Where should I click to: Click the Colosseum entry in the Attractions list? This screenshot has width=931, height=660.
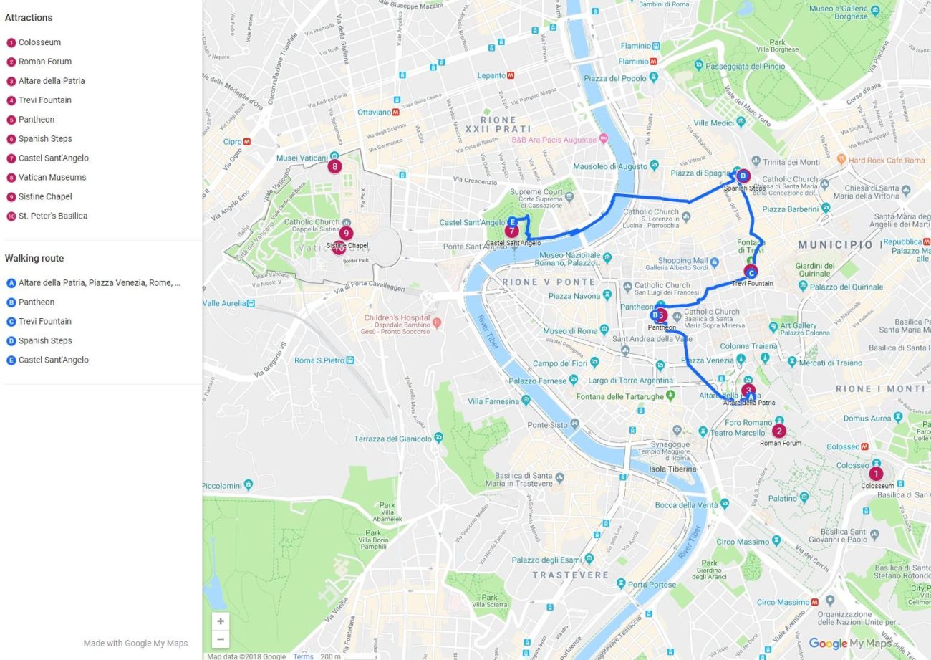(x=39, y=42)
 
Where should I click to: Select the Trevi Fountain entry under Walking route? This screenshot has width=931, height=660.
(x=44, y=321)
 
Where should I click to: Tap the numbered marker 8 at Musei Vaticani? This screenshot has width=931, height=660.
(x=334, y=166)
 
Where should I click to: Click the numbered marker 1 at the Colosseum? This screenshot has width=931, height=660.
(x=876, y=473)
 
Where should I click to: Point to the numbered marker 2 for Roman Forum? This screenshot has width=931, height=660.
(x=778, y=431)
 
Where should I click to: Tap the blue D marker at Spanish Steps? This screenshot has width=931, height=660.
(x=743, y=176)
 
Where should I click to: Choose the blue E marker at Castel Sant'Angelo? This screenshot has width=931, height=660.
(x=512, y=222)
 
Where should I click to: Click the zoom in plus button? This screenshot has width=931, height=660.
(x=221, y=621)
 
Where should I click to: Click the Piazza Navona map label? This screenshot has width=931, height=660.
(x=574, y=296)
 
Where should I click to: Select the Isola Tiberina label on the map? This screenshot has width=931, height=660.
(x=672, y=469)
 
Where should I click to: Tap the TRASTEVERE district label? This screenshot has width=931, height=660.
(x=570, y=575)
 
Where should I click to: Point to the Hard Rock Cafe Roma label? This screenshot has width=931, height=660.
(x=886, y=161)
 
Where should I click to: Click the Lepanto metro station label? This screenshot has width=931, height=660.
(x=492, y=75)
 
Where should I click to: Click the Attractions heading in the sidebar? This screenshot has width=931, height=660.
(x=29, y=18)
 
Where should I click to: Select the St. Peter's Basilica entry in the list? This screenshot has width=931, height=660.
(x=52, y=216)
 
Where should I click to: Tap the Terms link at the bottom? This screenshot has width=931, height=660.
(x=303, y=656)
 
